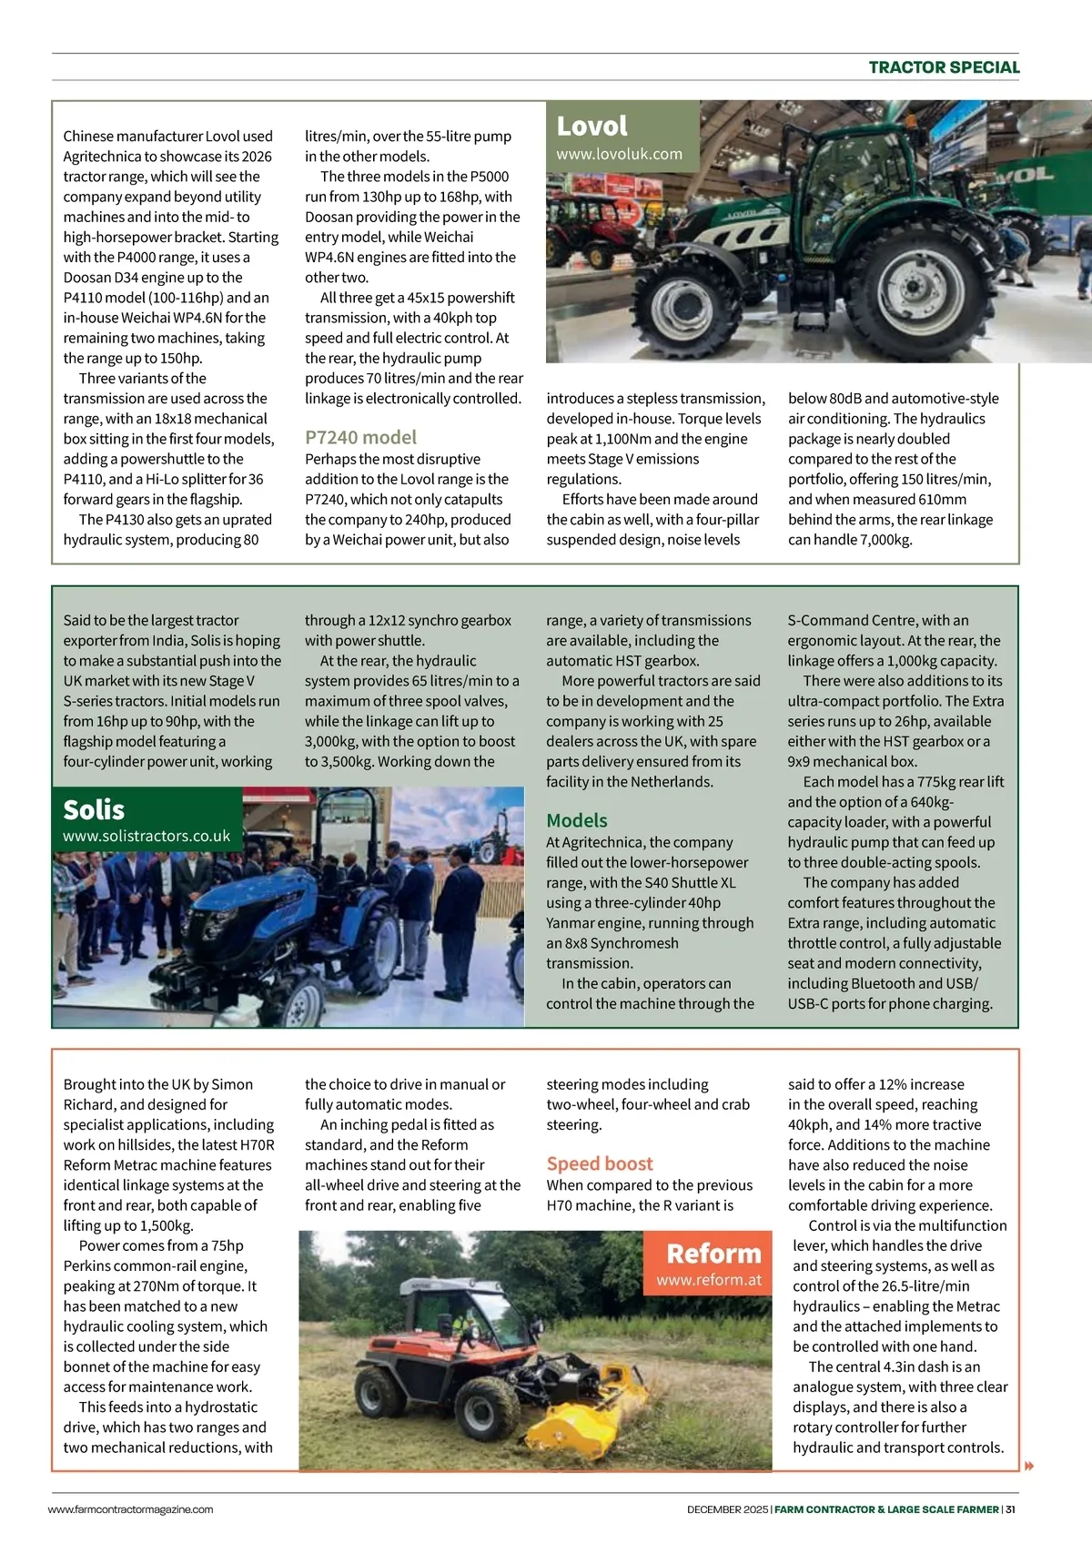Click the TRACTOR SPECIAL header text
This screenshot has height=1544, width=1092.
(944, 67)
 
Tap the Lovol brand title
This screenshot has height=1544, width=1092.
(591, 126)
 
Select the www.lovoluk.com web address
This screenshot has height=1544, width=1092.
(619, 154)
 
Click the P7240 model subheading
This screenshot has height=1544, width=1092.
(360, 437)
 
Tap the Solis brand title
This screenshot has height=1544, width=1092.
(94, 809)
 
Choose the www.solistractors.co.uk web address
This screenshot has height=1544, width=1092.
(147, 836)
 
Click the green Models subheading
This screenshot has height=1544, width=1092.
(576, 820)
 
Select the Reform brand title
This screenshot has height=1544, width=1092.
(713, 1254)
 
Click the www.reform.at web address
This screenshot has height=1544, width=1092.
(709, 1280)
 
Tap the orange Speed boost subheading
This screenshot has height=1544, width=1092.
(600, 1163)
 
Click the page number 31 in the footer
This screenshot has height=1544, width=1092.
(1010, 1509)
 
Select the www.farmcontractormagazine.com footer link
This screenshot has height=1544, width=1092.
(130, 1509)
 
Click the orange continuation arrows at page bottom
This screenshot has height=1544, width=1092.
(1029, 1466)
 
